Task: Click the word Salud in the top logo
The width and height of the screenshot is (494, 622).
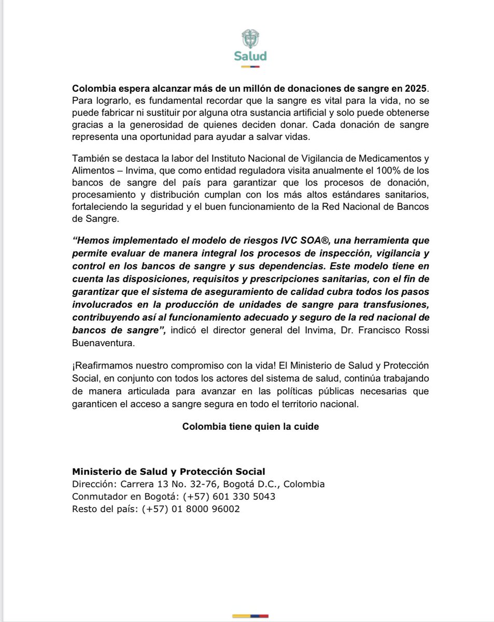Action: point(250,56)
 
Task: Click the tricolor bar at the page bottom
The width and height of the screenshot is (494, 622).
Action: point(250,615)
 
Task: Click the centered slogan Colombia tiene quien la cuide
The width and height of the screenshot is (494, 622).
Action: point(251,427)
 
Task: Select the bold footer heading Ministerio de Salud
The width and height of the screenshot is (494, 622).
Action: point(168,472)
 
